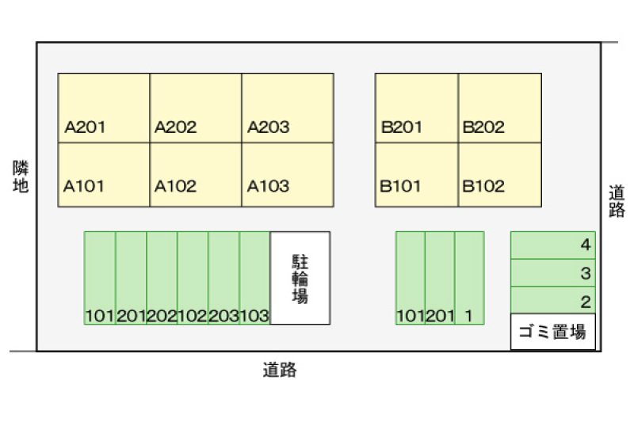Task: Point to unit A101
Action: click(x=104, y=175)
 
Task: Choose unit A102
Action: click(x=196, y=175)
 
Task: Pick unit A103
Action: click(x=288, y=175)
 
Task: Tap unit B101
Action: click(x=417, y=175)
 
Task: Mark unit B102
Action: click(x=500, y=175)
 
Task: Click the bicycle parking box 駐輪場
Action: click(x=300, y=278)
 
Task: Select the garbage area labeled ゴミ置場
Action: click(x=552, y=333)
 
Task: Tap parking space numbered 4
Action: click(x=552, y=245)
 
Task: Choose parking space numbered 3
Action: click(x=552, y=273)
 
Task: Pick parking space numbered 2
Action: click(x=552, y=300)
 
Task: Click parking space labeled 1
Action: click(x=469, y=278)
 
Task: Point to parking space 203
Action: click(x=223, y=278)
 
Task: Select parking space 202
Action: click(x=162, y=278)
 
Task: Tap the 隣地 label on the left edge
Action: click(x=21, y=177)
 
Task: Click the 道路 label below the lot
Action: click(x=280, y=370)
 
